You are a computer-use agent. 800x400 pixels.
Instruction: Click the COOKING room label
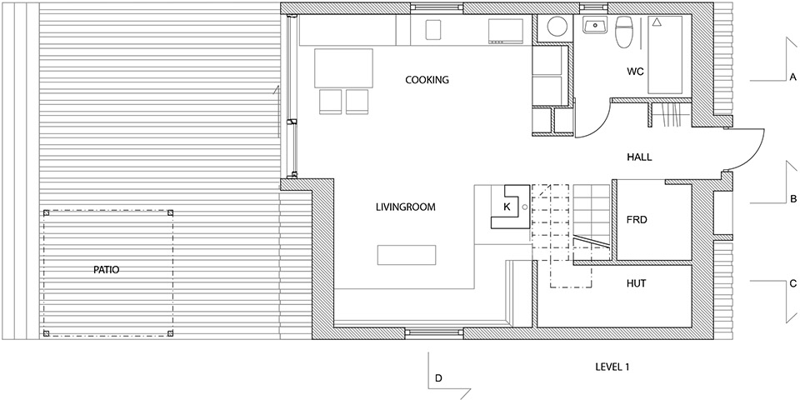pyautogui.click(x=427, y=80)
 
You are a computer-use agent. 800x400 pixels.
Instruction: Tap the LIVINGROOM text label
pyautogui.click(x=406, y=207)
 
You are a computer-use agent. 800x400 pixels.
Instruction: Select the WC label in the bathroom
pyautogui.click(x=635, y=72)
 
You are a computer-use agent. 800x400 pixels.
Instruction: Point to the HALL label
pyautogui.click(x=639, y=157)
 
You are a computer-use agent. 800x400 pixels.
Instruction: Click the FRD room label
pyautogui.click(x=636, y=220)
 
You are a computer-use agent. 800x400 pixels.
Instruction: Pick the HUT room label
pyautogui.click(x=636, y=282)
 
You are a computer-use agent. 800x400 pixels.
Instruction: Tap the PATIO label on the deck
pyautogui.click(x=106, y=270)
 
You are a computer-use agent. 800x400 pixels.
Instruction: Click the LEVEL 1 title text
pyautogui.click(x=615, y=367)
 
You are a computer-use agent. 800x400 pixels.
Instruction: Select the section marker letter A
pyautogui.click(x=792, y=77)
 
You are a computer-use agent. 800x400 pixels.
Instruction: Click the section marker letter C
pyautogui.click(x=792, y=283)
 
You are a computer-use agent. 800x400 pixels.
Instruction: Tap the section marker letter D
pyautogui.click(x=438, y=378)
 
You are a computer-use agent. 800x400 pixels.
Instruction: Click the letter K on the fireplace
pyautogui.click(x=507, y=207)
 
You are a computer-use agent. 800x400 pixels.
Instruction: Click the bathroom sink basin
pyautogui.click(x=595, y=26)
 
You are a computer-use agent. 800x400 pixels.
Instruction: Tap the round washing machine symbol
pyautogui.click(x=553, y=27)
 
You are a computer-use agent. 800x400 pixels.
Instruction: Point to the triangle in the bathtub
pyautogui.click(x=657, y=22)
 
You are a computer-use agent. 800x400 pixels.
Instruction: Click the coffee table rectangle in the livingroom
pyautogui.click(x=407, y=255)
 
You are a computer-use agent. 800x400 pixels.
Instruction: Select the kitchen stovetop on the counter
pyautogui.click(x=506, y=31)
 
